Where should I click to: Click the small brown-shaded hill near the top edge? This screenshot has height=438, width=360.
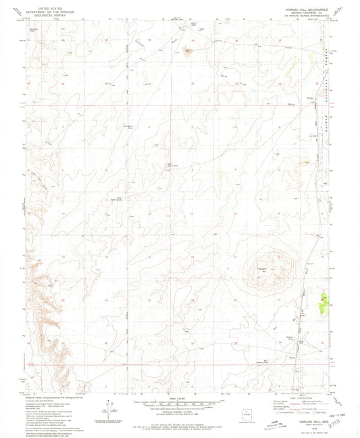tap(188, 50)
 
